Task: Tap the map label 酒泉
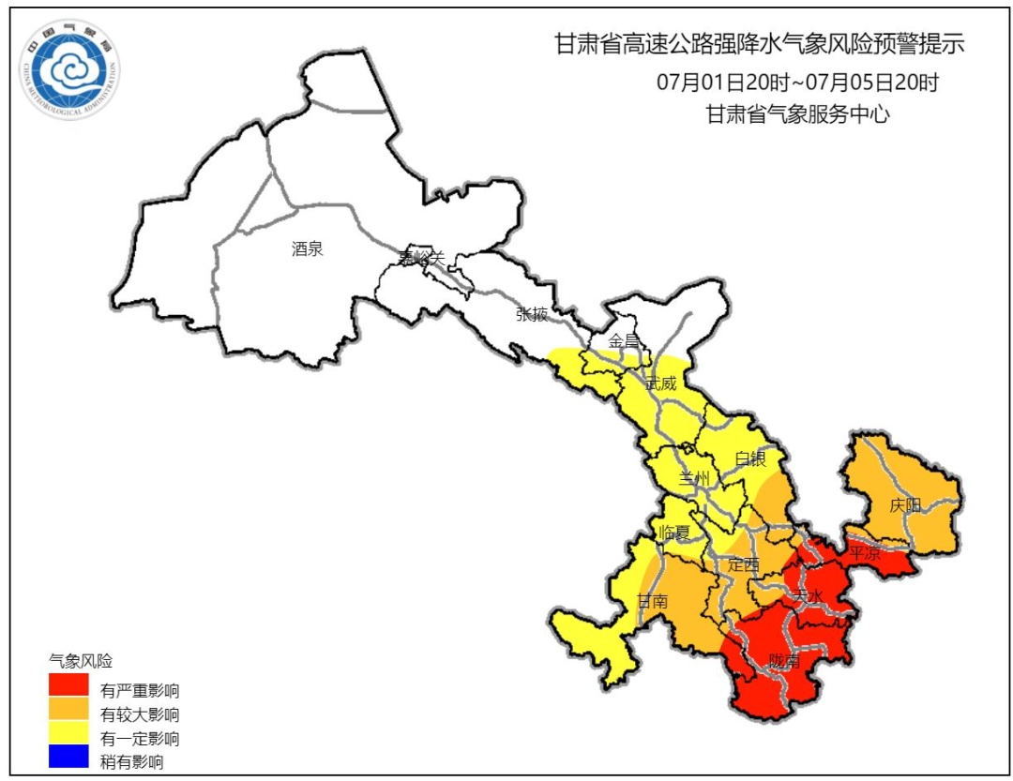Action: coord(308,249)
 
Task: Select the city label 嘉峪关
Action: coord(421,257)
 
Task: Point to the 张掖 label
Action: coord(531,314)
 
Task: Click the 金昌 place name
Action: coord(625,340)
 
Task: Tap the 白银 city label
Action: coord(751,458)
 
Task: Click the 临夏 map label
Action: coord(674,533)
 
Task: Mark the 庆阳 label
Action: coord(905,505)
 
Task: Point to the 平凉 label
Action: coord(865,553)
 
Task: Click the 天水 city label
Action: coord(809,596)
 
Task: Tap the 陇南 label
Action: coord(784,661)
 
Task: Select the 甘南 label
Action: coord(653,601)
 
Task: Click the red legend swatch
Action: coord(68,685)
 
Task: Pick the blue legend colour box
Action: coord(68,756)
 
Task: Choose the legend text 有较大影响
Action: coord(140,714)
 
